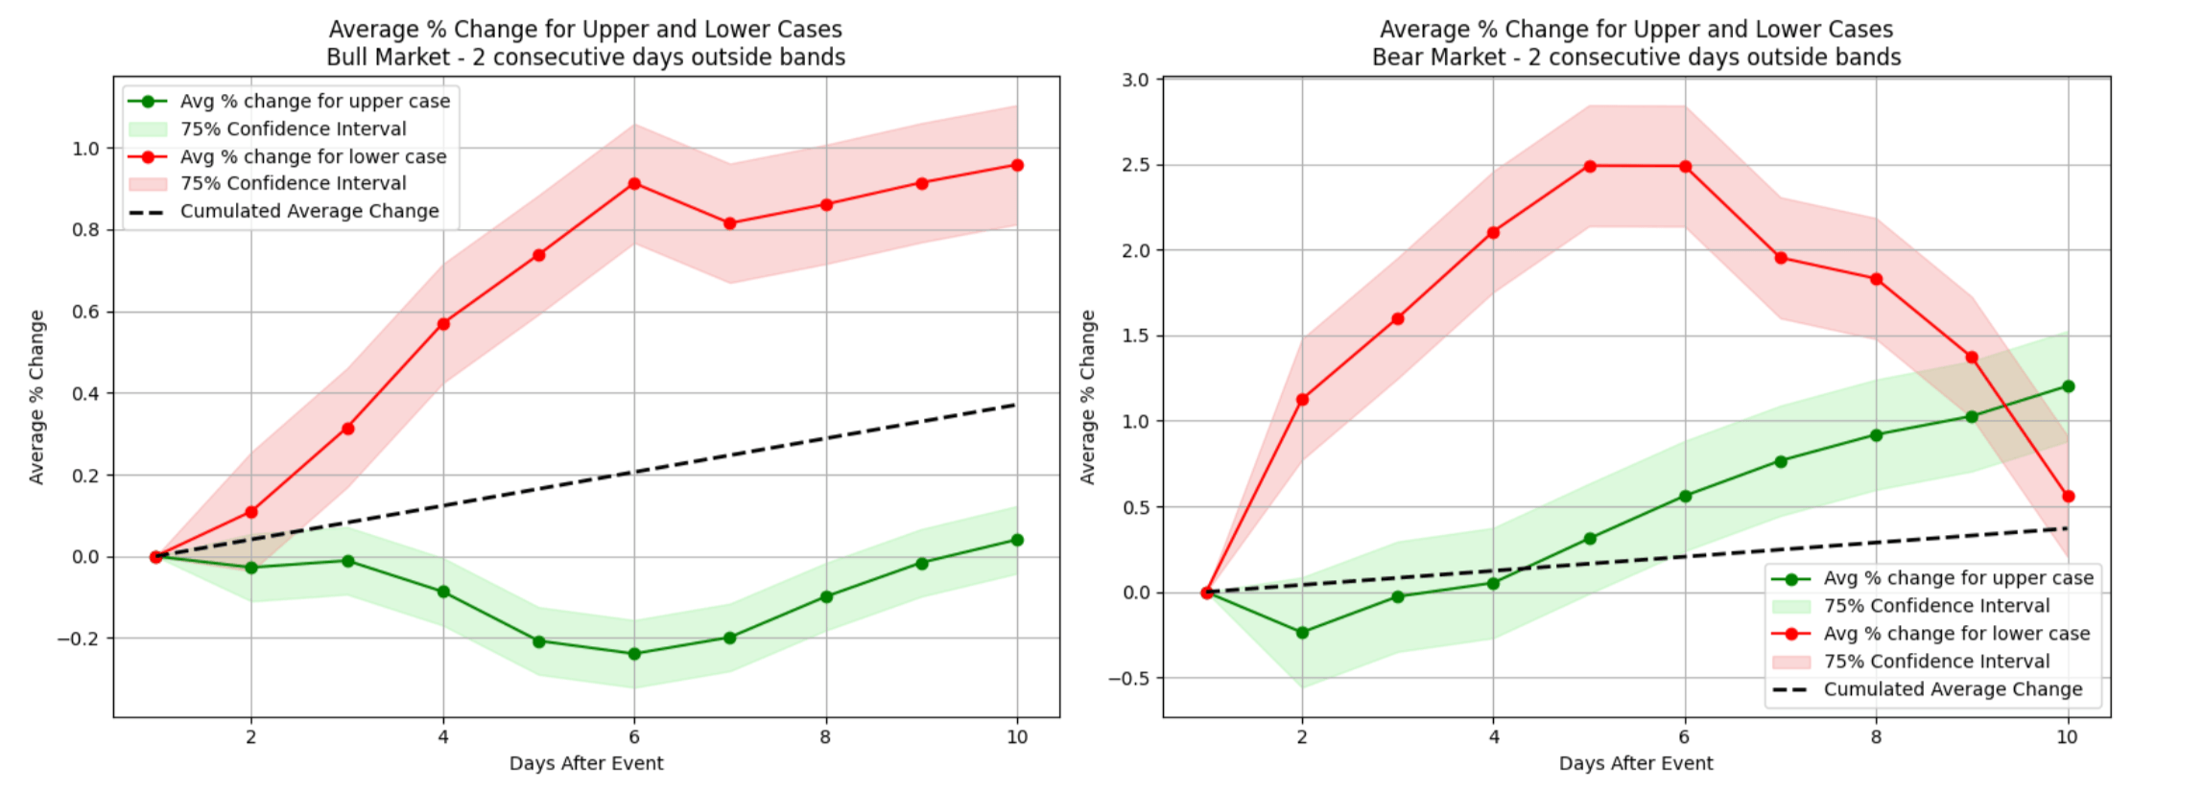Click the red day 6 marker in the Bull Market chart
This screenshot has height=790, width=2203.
coord(634,183)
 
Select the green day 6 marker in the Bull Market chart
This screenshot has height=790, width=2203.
coord(634,654)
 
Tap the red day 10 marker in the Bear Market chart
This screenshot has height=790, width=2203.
coord(2068,497)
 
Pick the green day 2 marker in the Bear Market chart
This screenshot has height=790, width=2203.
coord(1302,633)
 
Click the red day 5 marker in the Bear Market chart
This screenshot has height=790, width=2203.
coord(1590,166)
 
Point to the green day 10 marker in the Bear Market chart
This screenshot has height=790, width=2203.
coord(2068,386)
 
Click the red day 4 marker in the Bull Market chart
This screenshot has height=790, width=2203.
coord(443,324)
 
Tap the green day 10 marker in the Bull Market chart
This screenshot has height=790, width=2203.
coord(1017,540)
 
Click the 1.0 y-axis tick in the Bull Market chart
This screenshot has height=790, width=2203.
coord(85,149)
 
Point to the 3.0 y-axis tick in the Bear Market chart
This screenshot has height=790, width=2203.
coord(1135,80)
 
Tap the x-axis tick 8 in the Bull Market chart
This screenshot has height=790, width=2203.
coord(825,737)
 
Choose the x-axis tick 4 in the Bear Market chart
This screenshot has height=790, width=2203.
coord(1493,737)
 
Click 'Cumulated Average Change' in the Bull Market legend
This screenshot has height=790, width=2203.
coord(309,211)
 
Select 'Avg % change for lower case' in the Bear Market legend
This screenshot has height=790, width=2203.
coord(1956,634)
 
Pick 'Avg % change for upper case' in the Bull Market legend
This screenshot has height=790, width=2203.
coord(315,101)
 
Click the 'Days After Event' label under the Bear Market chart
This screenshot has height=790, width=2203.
coord(1635,763)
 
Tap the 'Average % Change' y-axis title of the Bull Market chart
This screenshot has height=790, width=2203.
coord(36,397)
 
